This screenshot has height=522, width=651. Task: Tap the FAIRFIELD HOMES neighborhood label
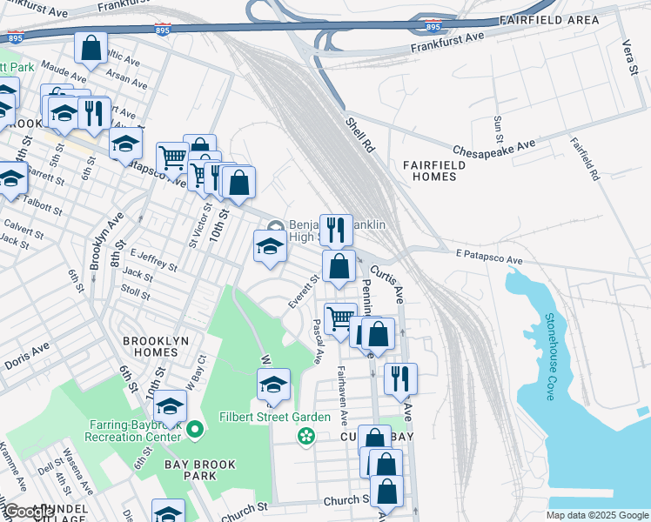tap(429, 171)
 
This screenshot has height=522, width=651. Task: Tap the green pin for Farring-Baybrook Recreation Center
tap(195, 428)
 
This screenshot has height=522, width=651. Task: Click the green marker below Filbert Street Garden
tap(305, 435)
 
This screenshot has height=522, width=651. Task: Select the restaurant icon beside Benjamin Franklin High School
tap(336, 230)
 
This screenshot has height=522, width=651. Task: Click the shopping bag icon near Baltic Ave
tap(91, 48)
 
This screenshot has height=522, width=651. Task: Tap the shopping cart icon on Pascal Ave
tap(340, 318)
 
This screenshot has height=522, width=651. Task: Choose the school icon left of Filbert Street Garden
tap(273, 384)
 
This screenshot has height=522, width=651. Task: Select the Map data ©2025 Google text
tap(596, 515)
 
